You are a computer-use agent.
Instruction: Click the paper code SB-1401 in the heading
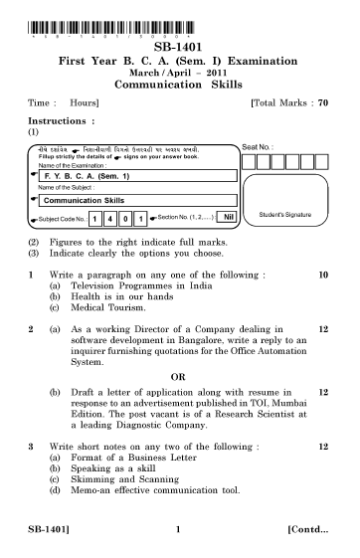click(x=180, y=46)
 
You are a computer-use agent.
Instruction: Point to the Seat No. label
click(x=258, y=146)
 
